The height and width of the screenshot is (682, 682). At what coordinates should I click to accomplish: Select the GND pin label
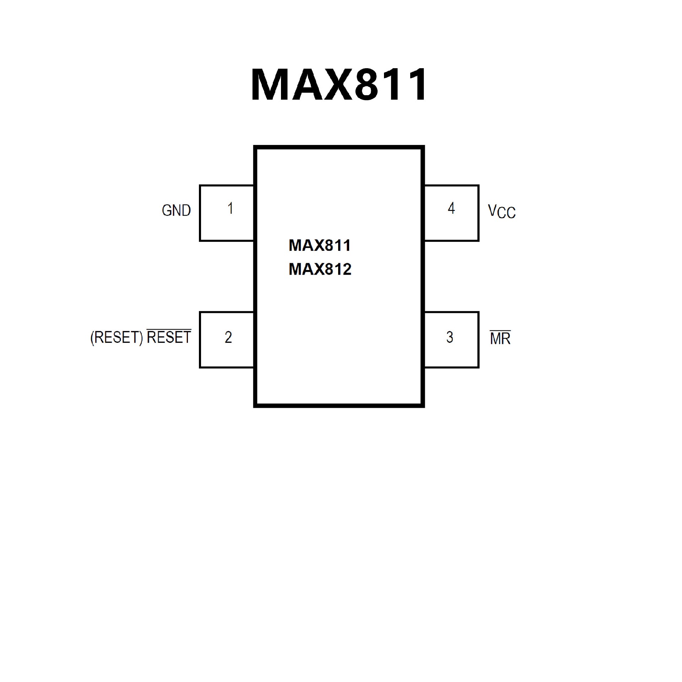pos(176,211)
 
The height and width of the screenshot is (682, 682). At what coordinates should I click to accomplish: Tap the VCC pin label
pos(502,211)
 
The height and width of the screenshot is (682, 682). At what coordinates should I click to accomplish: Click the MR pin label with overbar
pos(500,339)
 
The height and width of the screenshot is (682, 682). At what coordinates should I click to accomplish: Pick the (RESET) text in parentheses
pos(117,337)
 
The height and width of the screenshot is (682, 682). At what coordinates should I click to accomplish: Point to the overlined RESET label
pos(169,337)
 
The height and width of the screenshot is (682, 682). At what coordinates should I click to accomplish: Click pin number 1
pos(230,209)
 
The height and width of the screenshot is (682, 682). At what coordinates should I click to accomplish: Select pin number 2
pos(228,337)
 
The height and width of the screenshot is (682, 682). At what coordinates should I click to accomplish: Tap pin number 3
pos(450,337)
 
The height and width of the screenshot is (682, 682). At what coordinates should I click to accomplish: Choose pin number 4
pos(451,209)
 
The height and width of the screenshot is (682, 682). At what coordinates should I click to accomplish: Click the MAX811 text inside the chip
pos(320,245)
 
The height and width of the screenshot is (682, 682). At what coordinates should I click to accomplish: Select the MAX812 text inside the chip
pos(320,269)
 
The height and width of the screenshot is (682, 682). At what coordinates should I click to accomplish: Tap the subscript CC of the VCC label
pos(507,213)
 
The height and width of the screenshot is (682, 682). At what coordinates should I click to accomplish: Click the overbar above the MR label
pos(500,331)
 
